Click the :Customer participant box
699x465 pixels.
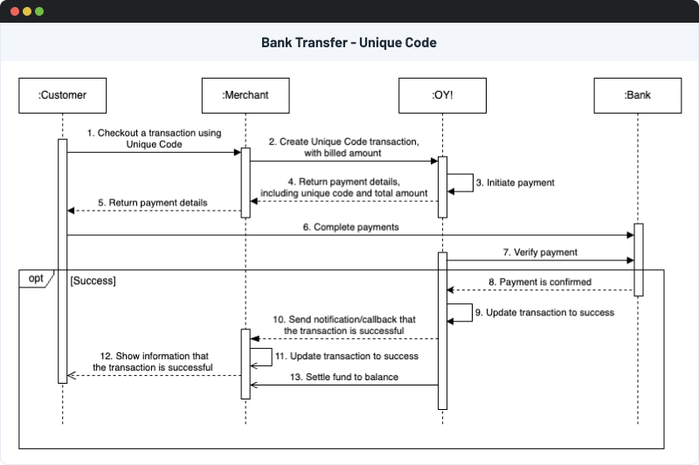62,95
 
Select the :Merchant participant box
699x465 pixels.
246,95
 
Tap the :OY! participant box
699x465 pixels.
442,95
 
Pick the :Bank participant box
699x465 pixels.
638,95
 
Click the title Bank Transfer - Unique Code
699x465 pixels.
349,42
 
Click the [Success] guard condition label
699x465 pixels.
93,281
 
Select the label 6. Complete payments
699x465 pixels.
351,227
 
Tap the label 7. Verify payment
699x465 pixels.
540,253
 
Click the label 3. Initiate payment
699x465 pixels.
515,184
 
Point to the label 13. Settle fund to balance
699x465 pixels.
343,377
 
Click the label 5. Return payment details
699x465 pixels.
153,203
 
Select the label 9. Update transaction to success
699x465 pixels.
545,312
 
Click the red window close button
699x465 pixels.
13,12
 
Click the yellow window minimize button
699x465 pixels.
26,12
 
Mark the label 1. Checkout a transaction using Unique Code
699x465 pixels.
153,139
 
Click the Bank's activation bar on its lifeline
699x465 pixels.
638,260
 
